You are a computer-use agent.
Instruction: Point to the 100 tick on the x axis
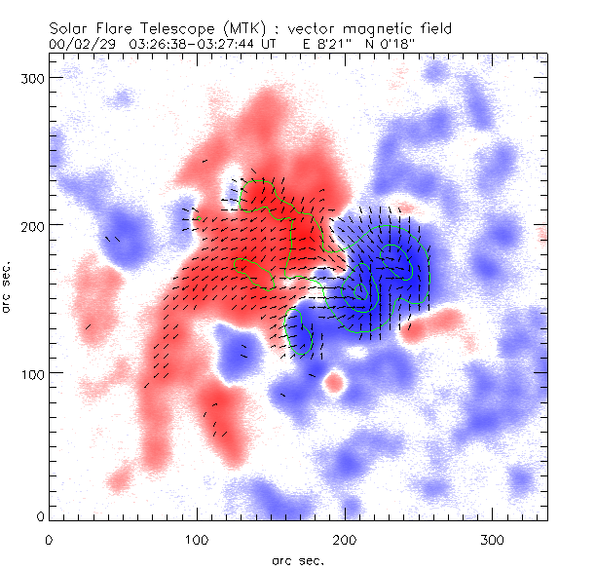point(197,539)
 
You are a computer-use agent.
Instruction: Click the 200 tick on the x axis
point(345,539)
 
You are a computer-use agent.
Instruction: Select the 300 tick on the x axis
point(493,539)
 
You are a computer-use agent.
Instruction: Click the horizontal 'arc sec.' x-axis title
point(298,559)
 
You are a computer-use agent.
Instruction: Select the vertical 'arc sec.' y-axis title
point(9,286)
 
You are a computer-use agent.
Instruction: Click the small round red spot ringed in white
point(334,382)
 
